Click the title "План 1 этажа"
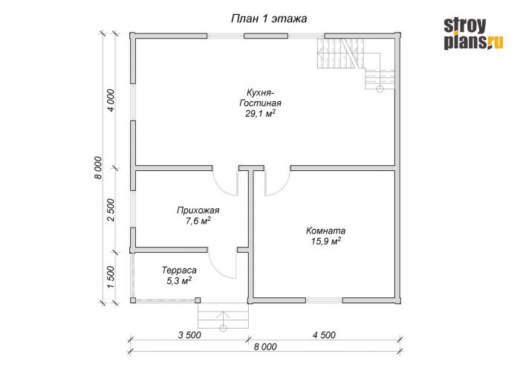coord(269,19)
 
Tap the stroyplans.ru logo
coord(474,34)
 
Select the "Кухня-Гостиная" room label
coord(260,97)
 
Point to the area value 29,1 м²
coord(261,114)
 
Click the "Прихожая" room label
coord(198,210)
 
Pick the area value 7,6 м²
coord(198,221)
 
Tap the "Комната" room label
coord(325,230)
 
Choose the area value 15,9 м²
coord(326,241)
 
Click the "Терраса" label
coord(179,271)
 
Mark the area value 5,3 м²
coord(179,281)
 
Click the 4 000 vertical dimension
coord(111,100)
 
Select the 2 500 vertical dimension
coord(111,210)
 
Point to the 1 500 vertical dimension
coord(111,277)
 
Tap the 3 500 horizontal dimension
coord(189,335)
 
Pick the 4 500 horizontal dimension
coord(324,335)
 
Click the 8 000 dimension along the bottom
coord(265,346)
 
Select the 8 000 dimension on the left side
coord(98,167)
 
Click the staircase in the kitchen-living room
coord(356,64)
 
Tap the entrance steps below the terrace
coord(223,316)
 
